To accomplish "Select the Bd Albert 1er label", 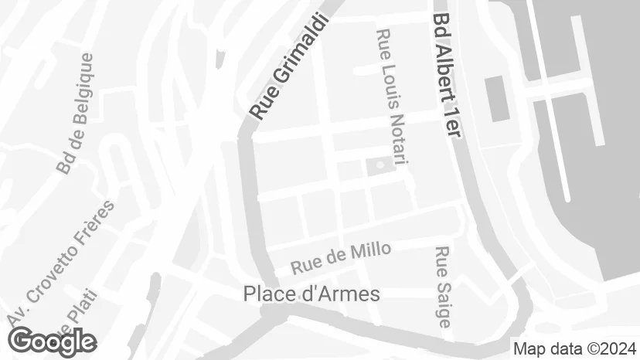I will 447,75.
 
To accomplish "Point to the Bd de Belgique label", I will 75,114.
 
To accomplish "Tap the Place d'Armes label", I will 311,294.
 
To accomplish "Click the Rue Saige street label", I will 442,287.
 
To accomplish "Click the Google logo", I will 53,341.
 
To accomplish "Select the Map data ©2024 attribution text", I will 575,348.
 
